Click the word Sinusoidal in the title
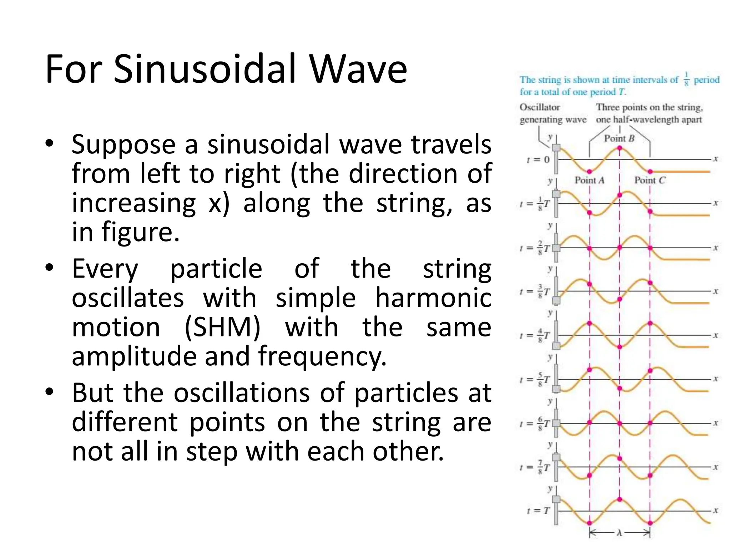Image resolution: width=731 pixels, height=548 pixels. [x=205, y=69]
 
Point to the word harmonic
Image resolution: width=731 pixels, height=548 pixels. [x=433, y=298]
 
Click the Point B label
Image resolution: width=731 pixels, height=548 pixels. [x=619, y=138]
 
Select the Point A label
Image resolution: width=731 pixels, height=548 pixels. [x=589, y=181]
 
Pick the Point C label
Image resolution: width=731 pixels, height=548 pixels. [x=650, y=181]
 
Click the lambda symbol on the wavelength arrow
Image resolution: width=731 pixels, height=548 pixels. [x=619, y=533]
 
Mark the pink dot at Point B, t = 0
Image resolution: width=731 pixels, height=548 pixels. [x=620, y=148]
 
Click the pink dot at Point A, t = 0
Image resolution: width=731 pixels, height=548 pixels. [x=590, y=172]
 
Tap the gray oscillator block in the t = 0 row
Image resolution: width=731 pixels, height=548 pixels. [x=556, y=148]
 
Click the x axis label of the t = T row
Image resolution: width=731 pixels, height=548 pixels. [x=715, y=511]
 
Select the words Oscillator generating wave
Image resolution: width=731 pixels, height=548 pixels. [x=553, y=113]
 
